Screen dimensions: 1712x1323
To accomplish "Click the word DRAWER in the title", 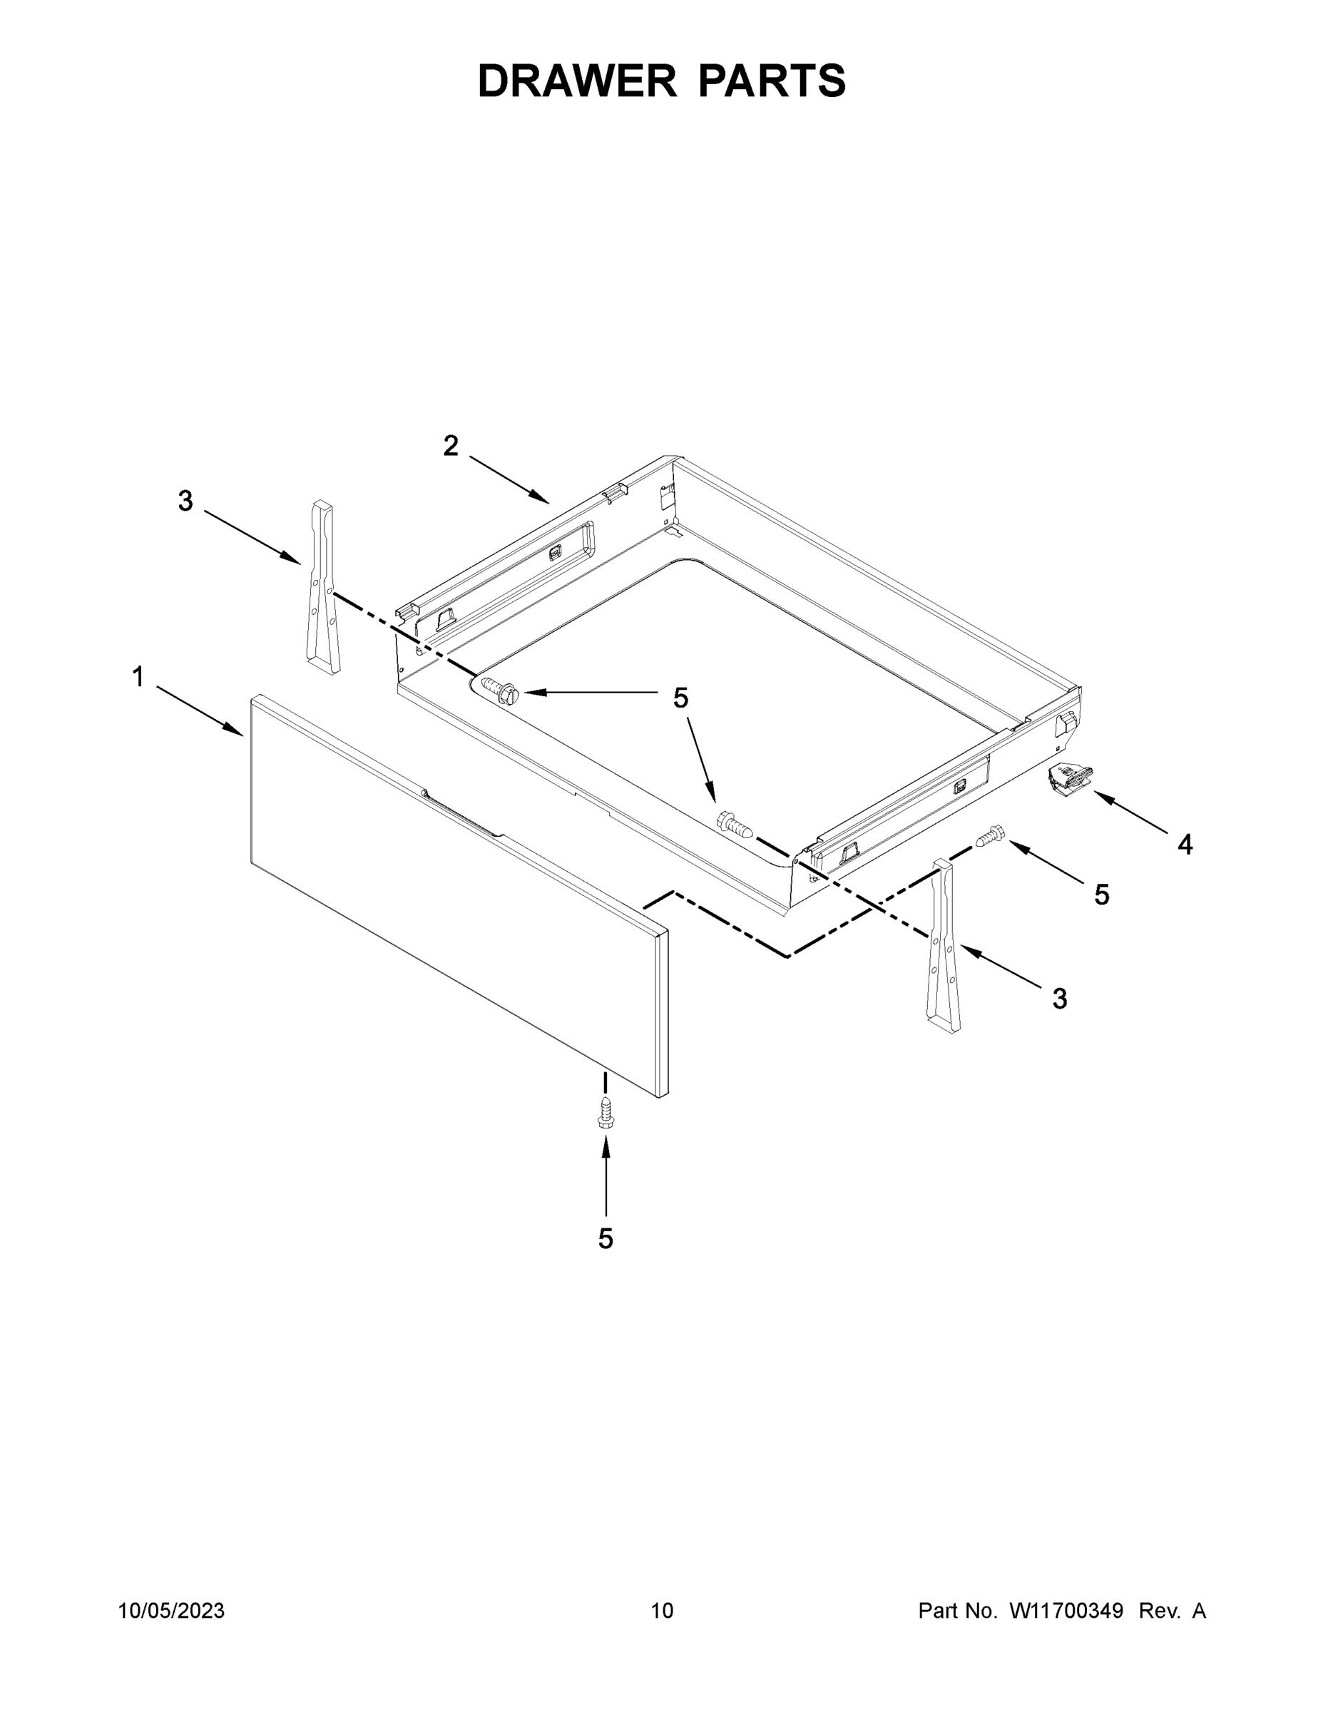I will point(576,81).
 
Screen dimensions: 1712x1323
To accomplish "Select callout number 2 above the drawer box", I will point(451,446).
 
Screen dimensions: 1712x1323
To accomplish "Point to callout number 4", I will point(1184,845).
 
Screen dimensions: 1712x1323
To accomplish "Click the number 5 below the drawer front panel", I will point(605,1238).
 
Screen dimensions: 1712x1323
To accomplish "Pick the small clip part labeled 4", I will point(1069,779).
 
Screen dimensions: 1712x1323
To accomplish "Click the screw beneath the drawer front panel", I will point(604,1113).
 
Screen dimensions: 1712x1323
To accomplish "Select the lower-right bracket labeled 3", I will point(943,945).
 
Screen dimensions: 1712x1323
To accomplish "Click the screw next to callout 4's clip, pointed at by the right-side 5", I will point(990,837).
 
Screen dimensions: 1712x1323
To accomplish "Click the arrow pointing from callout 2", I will point(509,480).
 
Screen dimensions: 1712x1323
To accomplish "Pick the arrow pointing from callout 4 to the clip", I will point(1133,813).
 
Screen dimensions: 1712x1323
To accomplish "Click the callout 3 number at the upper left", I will point(185,501).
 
